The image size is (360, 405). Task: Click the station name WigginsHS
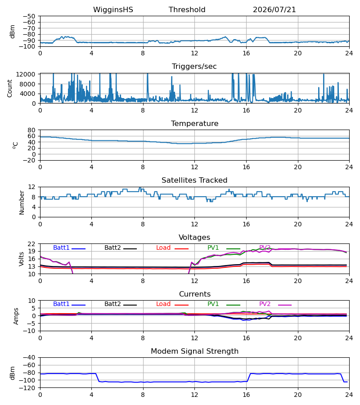point(113,10)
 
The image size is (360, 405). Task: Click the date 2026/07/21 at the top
point(274,10)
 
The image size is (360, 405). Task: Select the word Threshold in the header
point(187,10)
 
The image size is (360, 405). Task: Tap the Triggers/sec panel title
point(194,67)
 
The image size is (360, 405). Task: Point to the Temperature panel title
point(194,123)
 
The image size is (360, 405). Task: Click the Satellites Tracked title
point(194,180)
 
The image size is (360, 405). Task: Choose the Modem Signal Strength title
point(194,351)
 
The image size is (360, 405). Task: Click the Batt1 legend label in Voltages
point(61,247)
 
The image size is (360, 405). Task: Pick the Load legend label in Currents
point(163,304)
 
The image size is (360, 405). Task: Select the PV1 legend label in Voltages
point(213,247)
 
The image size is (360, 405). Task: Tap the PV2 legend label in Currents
point(265,304)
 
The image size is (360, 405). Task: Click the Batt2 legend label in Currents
point(112,304)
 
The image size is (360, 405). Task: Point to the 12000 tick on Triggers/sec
point(26,74)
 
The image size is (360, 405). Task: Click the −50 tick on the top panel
point(29,16)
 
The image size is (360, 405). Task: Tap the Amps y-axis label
point(16,316)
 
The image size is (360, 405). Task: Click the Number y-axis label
point(22,202)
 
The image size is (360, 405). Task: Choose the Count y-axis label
point(10,88)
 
